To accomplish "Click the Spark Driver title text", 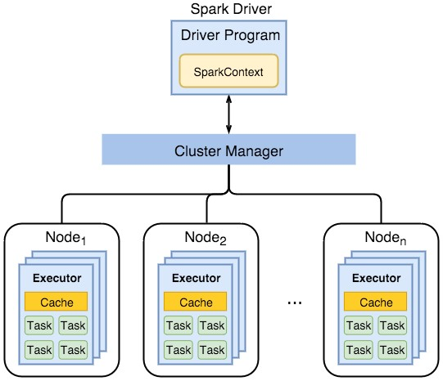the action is coord(231,9).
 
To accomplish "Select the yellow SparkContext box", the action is coord(228,71).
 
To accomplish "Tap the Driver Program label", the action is coord(230,36).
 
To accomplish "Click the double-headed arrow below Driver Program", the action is coord(228,114).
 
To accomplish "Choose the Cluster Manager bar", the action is coord(228,150).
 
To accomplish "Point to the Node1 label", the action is coord(66,238).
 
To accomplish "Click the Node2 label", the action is coord(206,238).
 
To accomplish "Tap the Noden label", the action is coord(386,238).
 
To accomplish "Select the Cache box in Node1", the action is coord(57,302).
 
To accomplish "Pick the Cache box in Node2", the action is coord(195,302).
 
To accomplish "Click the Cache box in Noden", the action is coord(376,302).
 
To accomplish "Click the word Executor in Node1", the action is coord(57,278).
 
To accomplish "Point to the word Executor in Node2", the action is coord(197,278).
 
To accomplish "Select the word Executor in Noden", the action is coord(377,278).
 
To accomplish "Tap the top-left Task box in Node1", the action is coord(39,325).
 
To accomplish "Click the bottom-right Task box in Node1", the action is coord(73,350).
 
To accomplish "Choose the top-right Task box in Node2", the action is coord(212,325).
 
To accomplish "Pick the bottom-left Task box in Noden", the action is coord(359,350).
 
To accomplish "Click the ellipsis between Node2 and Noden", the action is coord(295,303).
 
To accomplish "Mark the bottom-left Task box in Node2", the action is coord(179,350).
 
